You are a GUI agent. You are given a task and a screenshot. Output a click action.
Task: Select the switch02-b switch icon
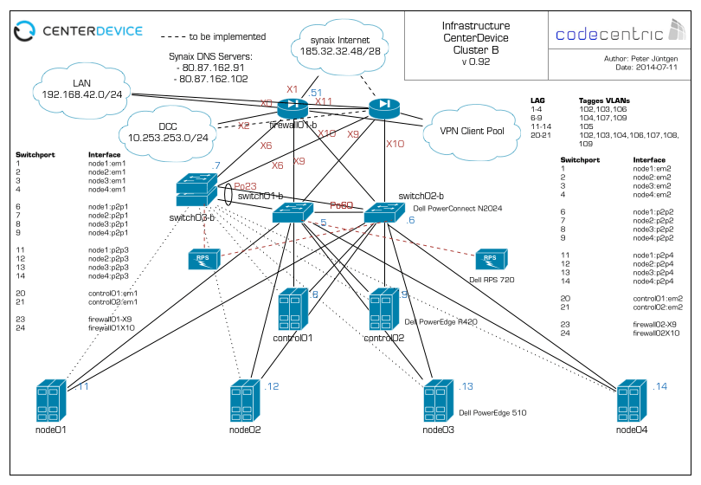point(379,212)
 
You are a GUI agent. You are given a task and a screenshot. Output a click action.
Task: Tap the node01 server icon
point(53,401)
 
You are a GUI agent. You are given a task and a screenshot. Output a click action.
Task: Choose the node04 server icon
point(633,401)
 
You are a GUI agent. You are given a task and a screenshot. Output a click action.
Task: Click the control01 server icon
point(293,310)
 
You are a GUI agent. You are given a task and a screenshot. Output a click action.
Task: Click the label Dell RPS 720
point(492,280)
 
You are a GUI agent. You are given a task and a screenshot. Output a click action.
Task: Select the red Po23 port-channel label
point(246,186)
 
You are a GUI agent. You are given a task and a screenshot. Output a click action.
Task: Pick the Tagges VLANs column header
point(605,100)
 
